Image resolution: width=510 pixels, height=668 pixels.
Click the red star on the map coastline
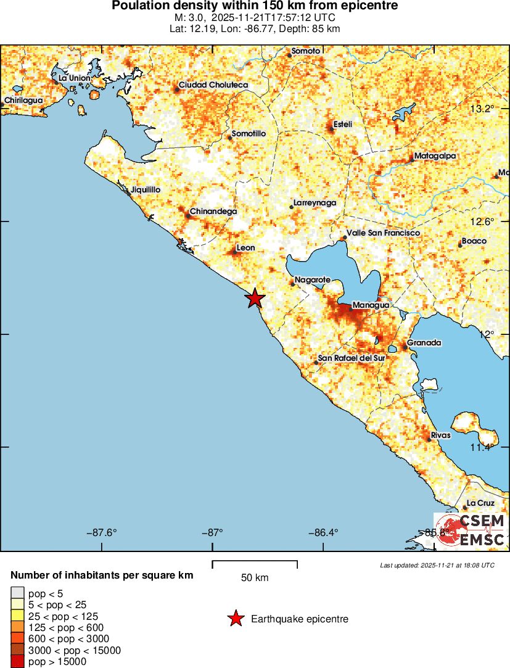click(x=255, y=299)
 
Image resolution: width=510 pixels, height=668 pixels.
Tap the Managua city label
click(x=370, y=305)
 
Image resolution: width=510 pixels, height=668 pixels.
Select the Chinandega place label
click(x=213, y=212)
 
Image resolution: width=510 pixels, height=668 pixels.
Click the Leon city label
click(x=246, y=248)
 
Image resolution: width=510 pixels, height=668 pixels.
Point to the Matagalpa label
click(x=435, y=156)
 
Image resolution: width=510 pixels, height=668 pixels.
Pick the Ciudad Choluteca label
click(x=213, y=85)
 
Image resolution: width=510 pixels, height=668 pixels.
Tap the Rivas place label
click(x=441, y=435)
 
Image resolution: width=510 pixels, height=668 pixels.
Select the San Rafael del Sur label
click(x=351, y=358)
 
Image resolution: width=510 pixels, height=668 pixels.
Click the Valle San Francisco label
click(x=383, y=233)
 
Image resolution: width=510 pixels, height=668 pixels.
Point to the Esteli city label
click(x=342, y=125)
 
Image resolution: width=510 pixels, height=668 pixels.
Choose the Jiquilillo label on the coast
click(x=146, y=190)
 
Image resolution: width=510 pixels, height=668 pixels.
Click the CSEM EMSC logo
click(x=472, y=530)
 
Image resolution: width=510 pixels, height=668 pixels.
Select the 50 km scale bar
click(x=255, y=564)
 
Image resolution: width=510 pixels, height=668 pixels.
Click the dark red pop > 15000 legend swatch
click(x=18, y=661)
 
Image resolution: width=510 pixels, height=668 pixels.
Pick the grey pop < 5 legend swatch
click(x=18, y=593)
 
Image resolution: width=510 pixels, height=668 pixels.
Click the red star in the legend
click(x=235, y=619)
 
